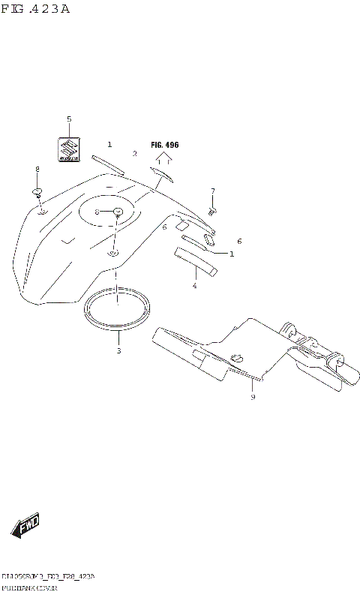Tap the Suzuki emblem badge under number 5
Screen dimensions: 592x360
(x=69, y=149)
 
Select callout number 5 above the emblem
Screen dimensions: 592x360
(x=69, y=119)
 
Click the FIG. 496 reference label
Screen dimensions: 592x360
(x=165, y=144)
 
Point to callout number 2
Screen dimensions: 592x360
(x=135, y=154)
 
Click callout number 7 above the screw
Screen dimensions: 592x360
(x=213, y=191)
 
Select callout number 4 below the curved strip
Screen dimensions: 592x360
(x=194, y=285)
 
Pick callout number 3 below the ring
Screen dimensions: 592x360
(x=118, y=350)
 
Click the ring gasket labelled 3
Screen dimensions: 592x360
(x=118, y=309)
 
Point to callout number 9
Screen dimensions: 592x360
(x=253, y=397)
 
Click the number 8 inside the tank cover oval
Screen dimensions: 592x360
(x=97, y=212)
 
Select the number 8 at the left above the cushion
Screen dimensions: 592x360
(x=37, y=170)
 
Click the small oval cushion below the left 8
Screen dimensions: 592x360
(x=37, y=193)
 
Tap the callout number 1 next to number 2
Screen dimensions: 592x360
(x=109, y=144)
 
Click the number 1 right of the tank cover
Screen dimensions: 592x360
(x=232, y=254)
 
